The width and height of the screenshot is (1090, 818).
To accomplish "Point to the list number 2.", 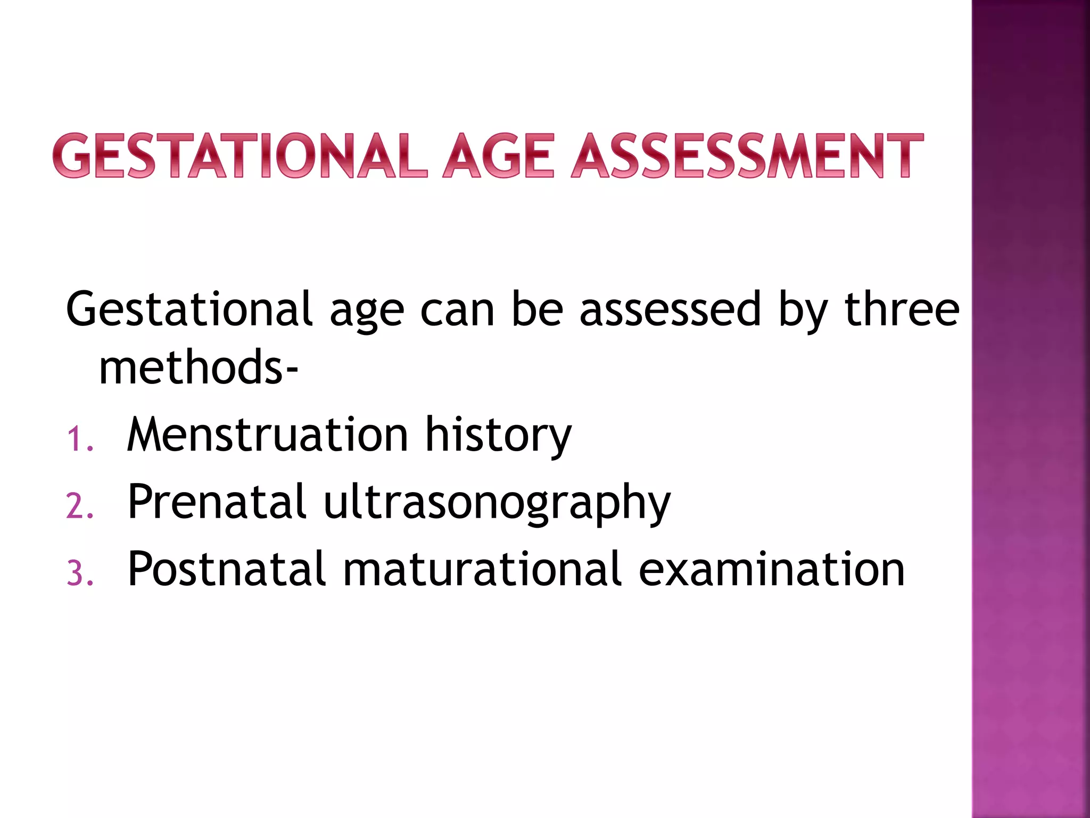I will [80, 506].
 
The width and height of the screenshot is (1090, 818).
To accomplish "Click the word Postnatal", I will [227, 569].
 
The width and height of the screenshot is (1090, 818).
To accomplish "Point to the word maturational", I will [482, 569].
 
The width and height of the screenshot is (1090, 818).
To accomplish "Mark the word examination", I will [771, 569].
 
